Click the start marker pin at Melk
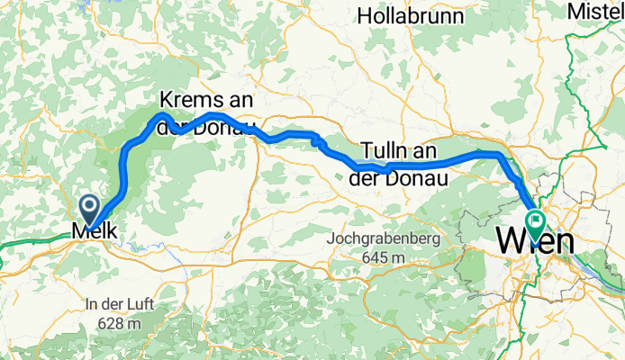tap(91, 209)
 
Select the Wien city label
tap(535, 241)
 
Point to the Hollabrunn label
tap(422, 15)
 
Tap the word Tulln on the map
tap(386, 149)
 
